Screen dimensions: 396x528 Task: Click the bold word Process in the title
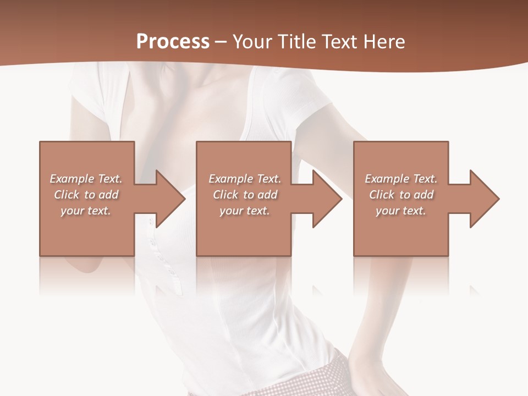pos(173,42)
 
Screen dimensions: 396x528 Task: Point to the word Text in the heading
pos(340,42)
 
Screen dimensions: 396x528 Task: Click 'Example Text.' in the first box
pos(86,179)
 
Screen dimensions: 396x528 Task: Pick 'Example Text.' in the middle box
pos(245,179)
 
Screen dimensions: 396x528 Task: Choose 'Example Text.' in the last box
pos(401,179)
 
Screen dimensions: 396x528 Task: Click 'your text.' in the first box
pos(86,211)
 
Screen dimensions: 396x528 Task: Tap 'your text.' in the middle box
pos(245,211)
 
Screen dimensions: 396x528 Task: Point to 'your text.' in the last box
pos(401,211)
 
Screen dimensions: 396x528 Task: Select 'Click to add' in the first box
pos(86,195)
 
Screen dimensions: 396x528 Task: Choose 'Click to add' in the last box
pos(402,195)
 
